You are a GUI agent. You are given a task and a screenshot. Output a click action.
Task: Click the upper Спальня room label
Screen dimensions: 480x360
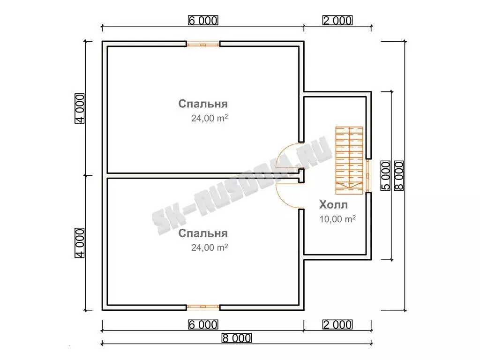203,104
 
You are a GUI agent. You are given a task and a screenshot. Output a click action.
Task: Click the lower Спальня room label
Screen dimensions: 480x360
203,233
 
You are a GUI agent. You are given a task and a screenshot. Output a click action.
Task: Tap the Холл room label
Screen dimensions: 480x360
333,204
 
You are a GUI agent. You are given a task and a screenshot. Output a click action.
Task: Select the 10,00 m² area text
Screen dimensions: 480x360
337,219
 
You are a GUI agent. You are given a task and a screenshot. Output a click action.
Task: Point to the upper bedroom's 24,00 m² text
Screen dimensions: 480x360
210,118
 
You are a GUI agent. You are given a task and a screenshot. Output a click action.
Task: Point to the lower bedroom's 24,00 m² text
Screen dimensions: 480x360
210,247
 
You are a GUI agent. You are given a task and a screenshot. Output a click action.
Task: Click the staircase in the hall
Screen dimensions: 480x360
349,160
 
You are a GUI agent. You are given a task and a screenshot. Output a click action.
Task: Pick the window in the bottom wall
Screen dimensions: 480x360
203,307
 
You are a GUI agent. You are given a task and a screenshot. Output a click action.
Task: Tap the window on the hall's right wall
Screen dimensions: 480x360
368,176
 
